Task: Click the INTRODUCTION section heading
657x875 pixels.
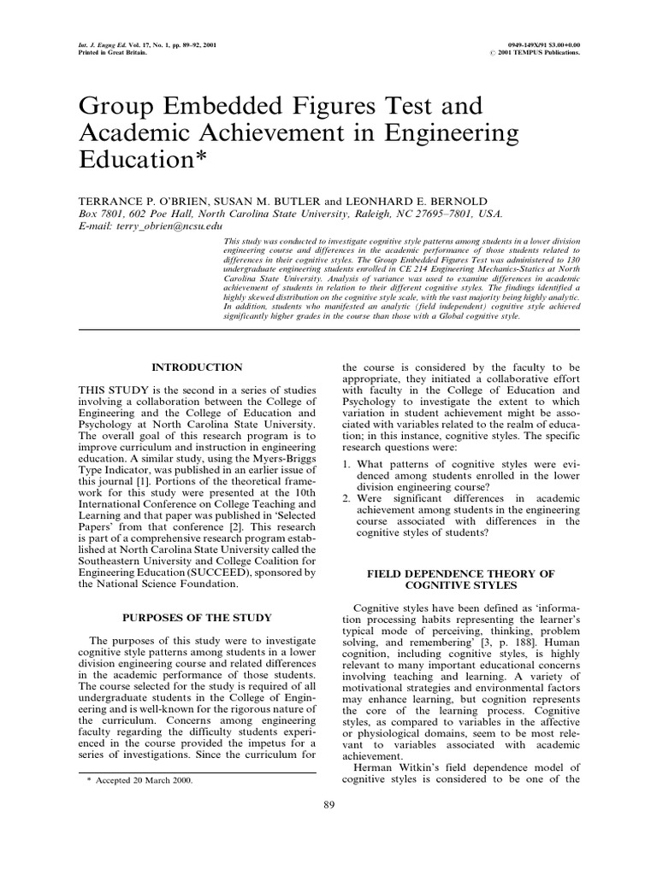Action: click(x=197, y=367)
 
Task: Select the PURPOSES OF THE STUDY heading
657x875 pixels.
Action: click(x=197, y=617)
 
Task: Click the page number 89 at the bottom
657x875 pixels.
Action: click(x=328, y=804)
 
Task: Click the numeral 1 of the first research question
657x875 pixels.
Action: click(x=346, y=464)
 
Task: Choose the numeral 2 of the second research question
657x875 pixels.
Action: click(x=346, y=497)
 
